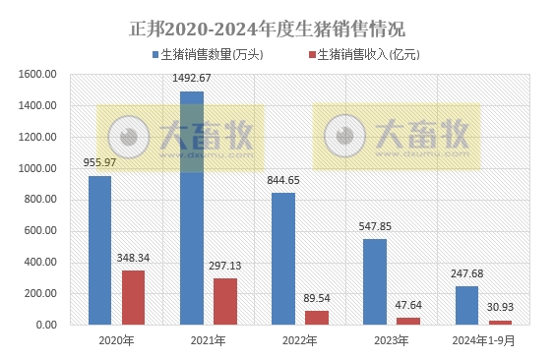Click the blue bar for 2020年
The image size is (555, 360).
point(99,250)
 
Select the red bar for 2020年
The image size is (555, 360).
point(134,297)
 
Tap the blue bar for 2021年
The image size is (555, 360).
point(192,208)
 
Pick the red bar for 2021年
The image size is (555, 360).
point(225,301)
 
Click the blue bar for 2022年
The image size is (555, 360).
point(283,258)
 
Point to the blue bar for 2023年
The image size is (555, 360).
point(375,281)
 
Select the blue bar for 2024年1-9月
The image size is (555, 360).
point(466,305)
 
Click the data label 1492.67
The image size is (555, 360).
point(192,79)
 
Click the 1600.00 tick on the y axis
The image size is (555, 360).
point(39,75)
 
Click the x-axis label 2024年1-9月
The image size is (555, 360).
point(483,340)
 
